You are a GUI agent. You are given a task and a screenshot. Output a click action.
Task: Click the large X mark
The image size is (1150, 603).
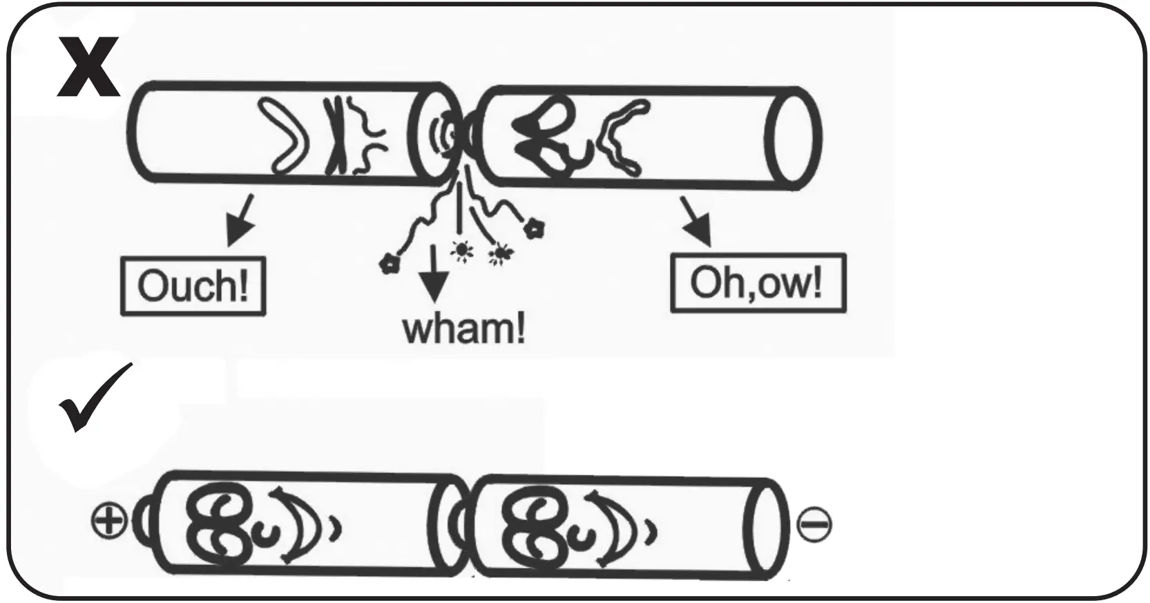tap(88, 67)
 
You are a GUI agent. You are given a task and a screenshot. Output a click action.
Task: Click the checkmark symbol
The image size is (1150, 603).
tap(95, 399)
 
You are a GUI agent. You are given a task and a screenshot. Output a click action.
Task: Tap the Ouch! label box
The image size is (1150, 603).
tap(193, 285)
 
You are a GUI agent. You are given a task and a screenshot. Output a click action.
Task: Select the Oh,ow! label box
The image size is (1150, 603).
tap(758, 283)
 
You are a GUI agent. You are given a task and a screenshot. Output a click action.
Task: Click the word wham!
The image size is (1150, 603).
tap(463, 328)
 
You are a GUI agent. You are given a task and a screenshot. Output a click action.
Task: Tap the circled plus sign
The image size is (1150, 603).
tap(109, 520)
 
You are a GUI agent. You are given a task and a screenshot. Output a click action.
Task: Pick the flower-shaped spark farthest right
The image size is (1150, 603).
tap(534, 228)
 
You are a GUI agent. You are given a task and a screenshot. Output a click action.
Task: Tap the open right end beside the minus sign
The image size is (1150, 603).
tap(767, 529)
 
